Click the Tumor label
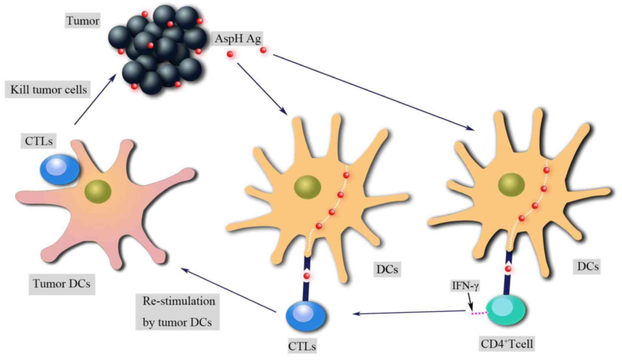click(x=83, y=21)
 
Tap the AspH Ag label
click(x=238, y=39)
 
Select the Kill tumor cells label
click(x=48, y=90)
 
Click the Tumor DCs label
click(x=61, y=284)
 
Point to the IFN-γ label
click(x=466, y=286)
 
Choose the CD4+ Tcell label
click(x=507, y=344)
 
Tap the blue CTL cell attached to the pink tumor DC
click(x=60, y=170)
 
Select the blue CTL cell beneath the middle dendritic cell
click(x=305, y=315)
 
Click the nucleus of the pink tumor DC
click(x=98, y=192)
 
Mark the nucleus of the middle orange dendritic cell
click(x=308, y=187)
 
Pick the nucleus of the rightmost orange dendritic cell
click(x=511, y=185)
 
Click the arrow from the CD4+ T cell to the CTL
click(x=410, y=313)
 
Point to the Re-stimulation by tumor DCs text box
click(x=178, y=312)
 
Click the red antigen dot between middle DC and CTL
click(x=306, y=276)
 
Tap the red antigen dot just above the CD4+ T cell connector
click(x=508, y=269)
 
